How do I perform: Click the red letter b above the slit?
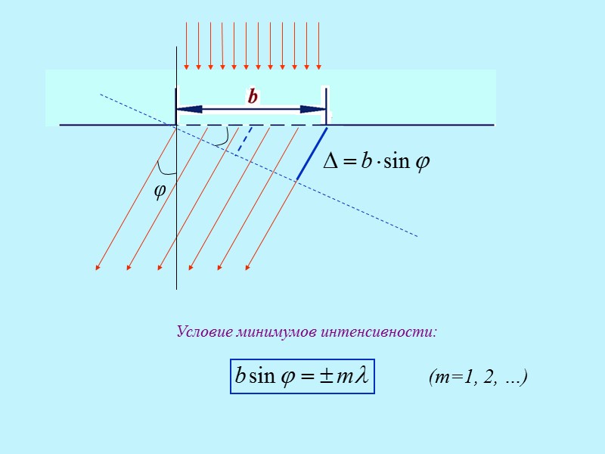(253, 97)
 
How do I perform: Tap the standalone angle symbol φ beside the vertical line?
(160, 191)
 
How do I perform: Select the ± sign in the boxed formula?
(326, 376)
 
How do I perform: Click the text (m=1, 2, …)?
(476, 377)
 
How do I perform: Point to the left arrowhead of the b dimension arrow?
(182, 109)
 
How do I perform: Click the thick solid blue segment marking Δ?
(311, 154)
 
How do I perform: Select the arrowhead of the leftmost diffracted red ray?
(98, 266)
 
